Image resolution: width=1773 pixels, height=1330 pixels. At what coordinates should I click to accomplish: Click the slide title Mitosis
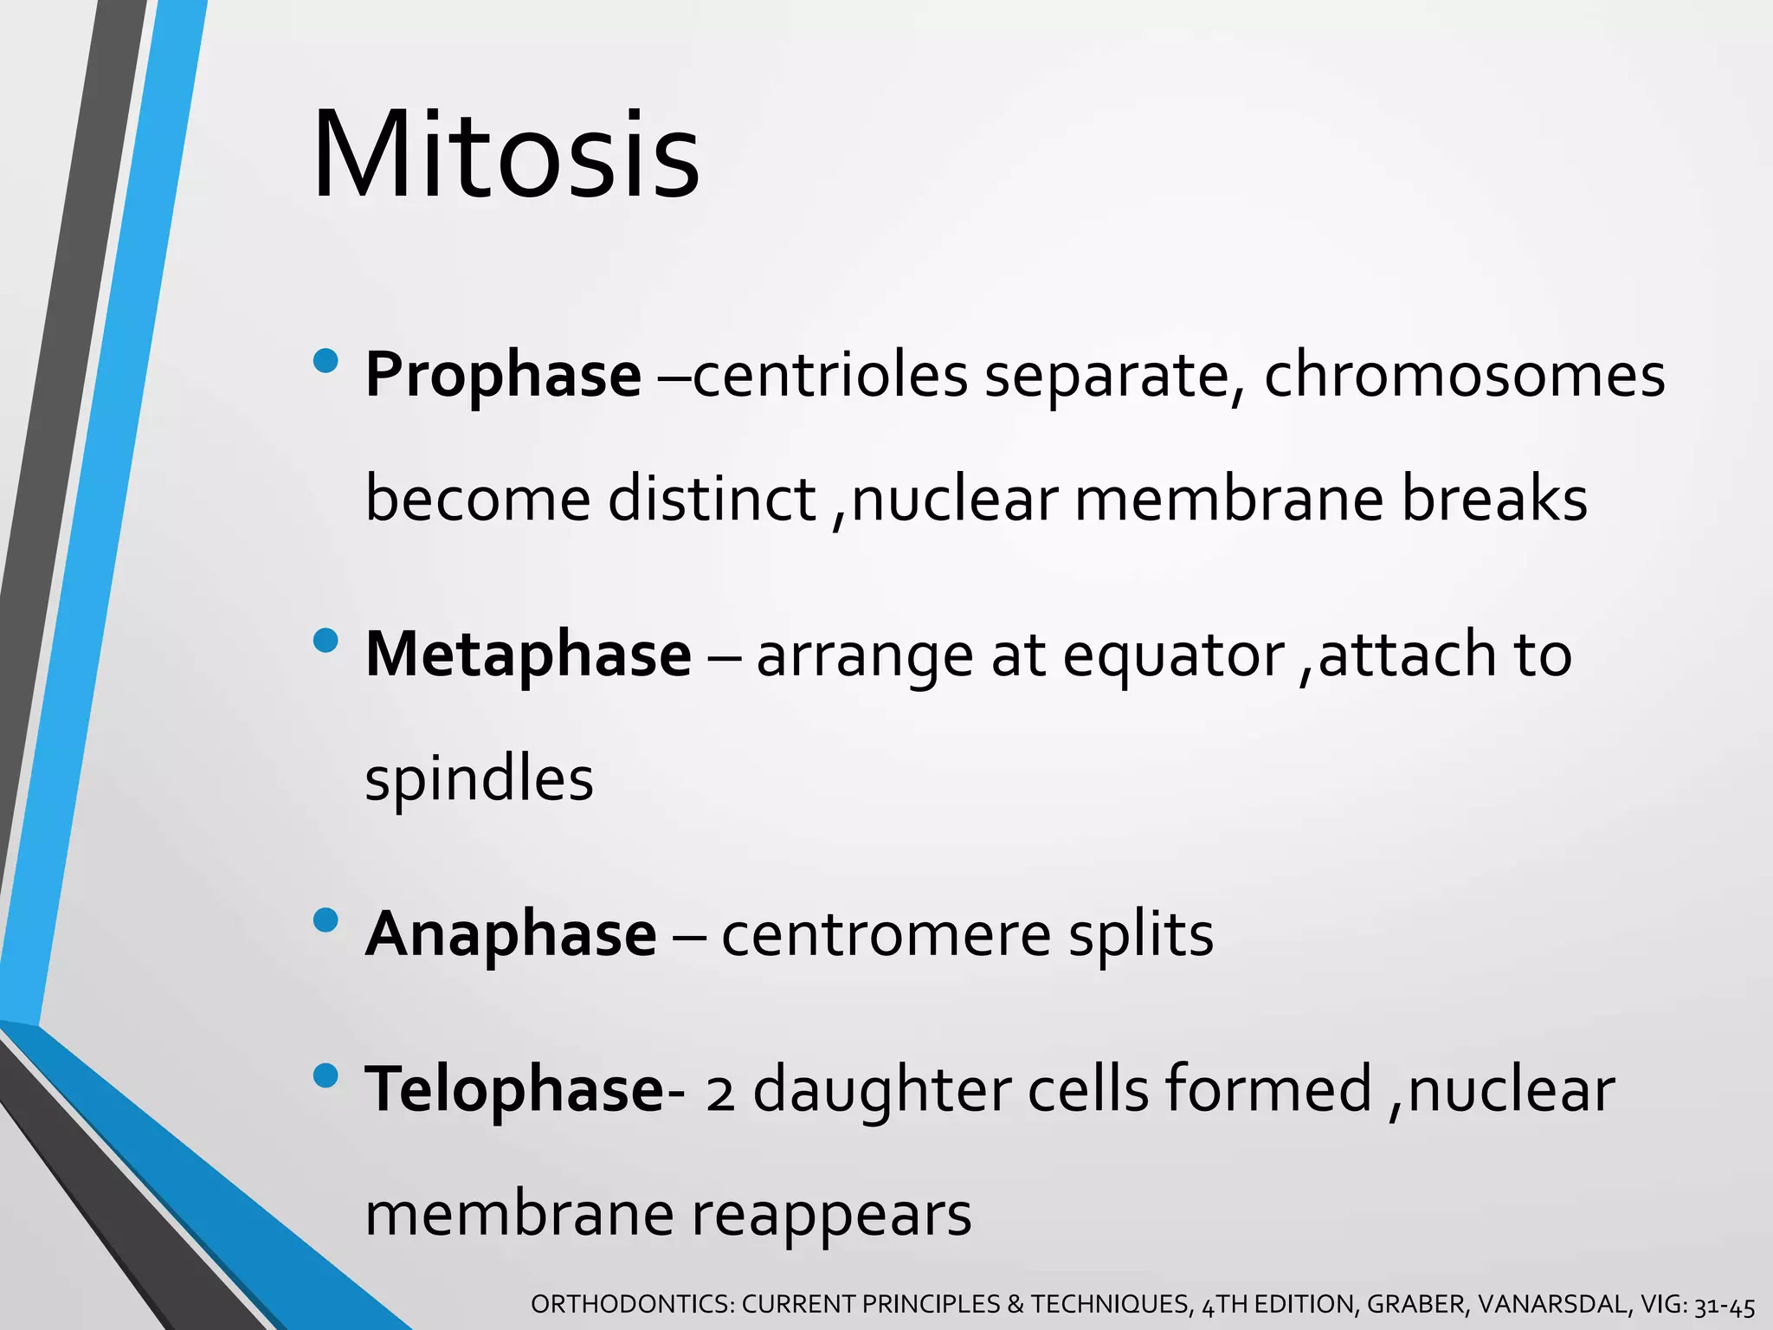506,156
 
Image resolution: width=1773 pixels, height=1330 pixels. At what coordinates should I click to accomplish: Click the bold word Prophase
503,376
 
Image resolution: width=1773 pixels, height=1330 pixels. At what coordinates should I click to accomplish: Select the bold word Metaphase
528,655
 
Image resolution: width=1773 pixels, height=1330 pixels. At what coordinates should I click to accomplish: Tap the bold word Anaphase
511,934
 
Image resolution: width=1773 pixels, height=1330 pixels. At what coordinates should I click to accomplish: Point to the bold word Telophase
514,1089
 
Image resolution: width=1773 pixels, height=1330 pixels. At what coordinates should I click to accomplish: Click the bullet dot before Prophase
326,361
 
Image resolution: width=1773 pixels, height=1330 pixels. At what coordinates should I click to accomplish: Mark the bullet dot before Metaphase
326,641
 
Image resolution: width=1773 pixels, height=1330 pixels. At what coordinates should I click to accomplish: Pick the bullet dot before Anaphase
326,920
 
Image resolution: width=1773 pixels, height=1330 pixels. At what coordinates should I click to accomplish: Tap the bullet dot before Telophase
326,1075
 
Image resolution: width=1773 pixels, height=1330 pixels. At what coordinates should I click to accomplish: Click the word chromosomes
1464,376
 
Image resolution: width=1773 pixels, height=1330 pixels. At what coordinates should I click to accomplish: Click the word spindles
479,779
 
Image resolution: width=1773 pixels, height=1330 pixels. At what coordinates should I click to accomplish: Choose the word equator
1173,656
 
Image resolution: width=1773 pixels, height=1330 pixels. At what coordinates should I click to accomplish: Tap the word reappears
831,1216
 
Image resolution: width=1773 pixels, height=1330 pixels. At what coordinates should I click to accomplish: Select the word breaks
1494,500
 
